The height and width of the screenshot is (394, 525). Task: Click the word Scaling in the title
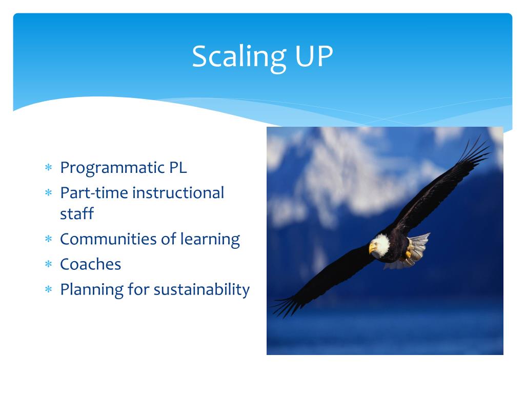239,57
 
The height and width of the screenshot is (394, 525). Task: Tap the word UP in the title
314,56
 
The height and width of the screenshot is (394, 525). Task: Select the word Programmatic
112,168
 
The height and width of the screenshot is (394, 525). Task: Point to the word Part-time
94,193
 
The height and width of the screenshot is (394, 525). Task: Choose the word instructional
178,193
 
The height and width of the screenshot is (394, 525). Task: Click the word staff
77,213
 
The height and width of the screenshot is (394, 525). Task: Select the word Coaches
90,264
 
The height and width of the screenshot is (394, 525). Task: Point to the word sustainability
201,289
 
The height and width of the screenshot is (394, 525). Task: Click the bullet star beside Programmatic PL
49,167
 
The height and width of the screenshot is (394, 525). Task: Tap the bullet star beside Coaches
49,264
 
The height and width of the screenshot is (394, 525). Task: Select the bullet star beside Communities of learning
49,239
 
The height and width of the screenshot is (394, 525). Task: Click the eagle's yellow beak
372,248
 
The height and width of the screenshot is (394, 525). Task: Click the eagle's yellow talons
408,254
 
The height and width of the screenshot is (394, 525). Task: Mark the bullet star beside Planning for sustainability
49,289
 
